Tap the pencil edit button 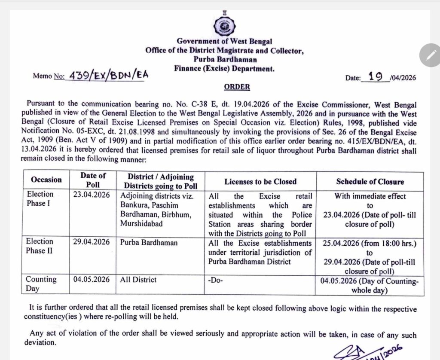click(429, 55)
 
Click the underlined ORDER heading click(237, 87)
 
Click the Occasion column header click(46, 180)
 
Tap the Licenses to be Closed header click(260, 181)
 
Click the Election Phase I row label click(40, 198)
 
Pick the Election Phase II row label click(40, 246)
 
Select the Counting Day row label click(41, 284)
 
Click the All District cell click(138, 280)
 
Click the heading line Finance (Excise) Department click(224, 68)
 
